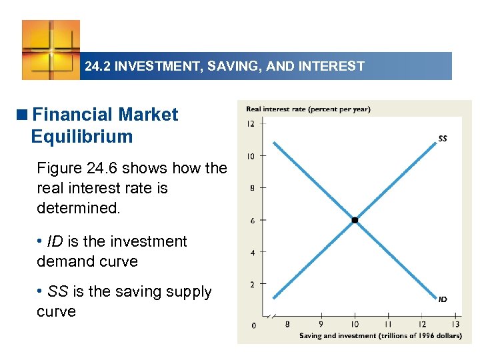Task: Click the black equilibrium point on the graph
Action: click(355, 220)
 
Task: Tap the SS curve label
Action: click(443, 139)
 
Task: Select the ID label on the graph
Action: click(443, 299)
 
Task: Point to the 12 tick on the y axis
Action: click(250, 124)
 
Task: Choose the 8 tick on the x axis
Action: click(287, 325)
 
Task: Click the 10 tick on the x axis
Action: click(355, 325)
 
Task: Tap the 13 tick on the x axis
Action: click(455, 325)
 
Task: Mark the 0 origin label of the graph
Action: click(253, 325)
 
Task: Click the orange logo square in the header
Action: click(51, 49)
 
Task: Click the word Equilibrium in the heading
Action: click(82, 137)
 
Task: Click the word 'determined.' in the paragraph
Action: click(79, 208)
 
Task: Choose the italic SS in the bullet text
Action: click(58, 291)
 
